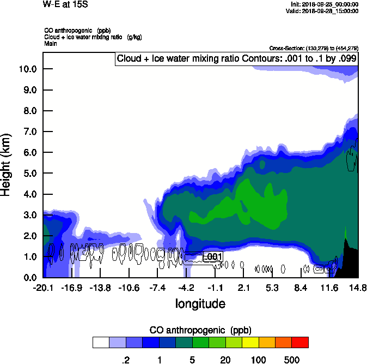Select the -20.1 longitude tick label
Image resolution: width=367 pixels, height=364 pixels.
click(42, 288)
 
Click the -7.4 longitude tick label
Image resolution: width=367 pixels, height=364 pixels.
click(157, 288)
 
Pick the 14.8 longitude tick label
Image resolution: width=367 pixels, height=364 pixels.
click(358, 288)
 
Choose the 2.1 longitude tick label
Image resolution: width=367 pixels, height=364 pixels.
click(243, 288)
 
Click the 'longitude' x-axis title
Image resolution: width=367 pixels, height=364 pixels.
click(200, 303)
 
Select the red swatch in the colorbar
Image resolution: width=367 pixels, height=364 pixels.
click(300, 342)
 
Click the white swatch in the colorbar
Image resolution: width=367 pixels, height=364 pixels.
click(101, 342)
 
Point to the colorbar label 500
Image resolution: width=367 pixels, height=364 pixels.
click(292, 360)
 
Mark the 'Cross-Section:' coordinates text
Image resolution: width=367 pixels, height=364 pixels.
click(313, 49)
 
